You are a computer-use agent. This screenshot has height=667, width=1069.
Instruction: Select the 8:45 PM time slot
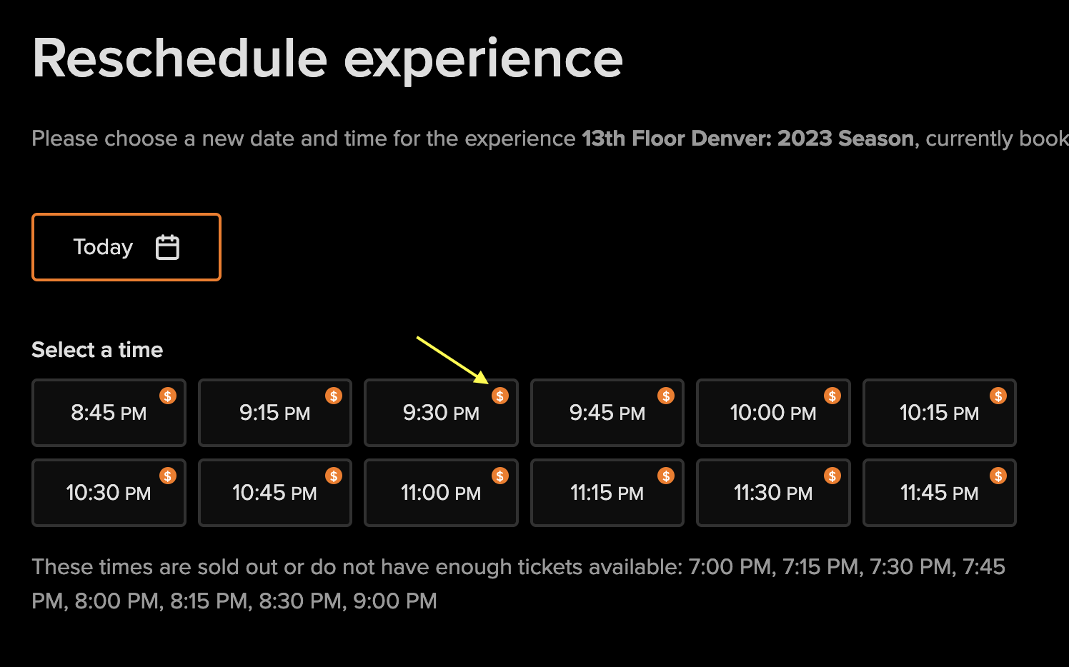coord(109,413)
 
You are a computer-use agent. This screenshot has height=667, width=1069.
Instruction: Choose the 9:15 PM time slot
coord(274,413)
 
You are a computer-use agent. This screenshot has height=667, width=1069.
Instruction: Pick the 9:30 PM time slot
coord(441,413)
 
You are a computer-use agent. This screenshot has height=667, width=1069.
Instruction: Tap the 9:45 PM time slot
coord(607,413)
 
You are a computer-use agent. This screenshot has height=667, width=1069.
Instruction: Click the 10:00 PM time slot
coord(773,413)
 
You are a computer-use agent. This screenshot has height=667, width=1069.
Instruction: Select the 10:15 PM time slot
coord(939,413)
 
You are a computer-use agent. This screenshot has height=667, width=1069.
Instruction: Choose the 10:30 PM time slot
coord(109,493)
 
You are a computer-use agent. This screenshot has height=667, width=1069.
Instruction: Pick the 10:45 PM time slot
coord(274,493)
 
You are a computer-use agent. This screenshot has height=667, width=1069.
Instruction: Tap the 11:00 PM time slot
coord(441,493)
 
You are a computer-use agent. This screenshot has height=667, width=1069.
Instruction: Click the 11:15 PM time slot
coord(607,493)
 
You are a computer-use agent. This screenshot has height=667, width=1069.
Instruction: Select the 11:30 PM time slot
coord(773,493)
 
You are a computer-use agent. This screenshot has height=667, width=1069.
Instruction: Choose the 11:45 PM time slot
coord(939,493)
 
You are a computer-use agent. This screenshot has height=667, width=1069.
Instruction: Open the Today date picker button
coord(126,247)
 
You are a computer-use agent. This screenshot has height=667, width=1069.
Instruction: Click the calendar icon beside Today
coord(167,247)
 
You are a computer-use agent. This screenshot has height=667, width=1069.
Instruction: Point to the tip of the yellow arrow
coord(487,383)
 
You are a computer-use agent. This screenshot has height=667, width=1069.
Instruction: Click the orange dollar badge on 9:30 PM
coord(500,396)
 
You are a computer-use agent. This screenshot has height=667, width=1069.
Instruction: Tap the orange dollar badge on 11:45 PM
coord(998,476)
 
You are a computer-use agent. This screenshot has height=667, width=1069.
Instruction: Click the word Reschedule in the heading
coord(179,59)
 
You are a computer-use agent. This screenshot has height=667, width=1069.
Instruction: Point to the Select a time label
coord(97,350)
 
